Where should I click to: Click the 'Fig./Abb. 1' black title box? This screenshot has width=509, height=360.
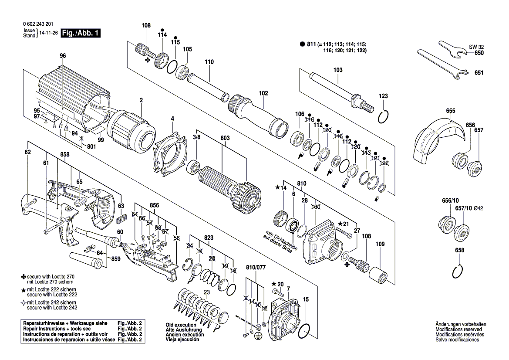coord(81,33)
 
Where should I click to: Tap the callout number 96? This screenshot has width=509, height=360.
coord(62,55)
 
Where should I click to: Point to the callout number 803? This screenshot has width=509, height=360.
coord(225,138)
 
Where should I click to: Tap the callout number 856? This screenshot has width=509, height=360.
coord(154,205)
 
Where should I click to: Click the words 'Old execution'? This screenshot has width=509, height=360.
coord(181,325)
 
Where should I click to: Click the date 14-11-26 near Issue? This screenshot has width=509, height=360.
coord(49,33)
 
